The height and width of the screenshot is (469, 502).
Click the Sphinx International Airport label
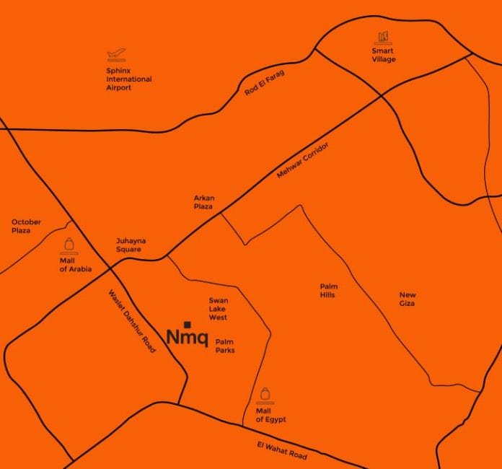click(x=128, y=79)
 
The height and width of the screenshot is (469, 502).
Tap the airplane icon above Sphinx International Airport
click(x=115, y=54)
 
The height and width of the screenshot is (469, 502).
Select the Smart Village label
click(x=384, y=55)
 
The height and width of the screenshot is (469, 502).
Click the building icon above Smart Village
click(x=383, y=36)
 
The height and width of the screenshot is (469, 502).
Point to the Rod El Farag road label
click(x=265, y=84)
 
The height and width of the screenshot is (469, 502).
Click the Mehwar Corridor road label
click(x=303, y=161)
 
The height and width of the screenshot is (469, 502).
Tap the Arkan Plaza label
click(x=204, y=202)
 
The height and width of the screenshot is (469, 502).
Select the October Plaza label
click(x=26, y=226)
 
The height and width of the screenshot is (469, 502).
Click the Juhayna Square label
click(x=128, y=245)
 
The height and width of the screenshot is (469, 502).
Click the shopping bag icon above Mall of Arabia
click(x=69, y=243)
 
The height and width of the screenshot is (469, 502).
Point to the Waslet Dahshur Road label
click(x=131, y=321)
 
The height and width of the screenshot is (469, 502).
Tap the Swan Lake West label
click(x=218, y=308)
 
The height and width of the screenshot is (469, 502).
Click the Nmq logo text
click(x=187, y=337)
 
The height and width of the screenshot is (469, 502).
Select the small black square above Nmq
click(x=187, y=324)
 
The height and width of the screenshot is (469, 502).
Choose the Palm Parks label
click(x=225, y=346)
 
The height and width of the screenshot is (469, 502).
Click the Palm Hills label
click(x=329, y=290)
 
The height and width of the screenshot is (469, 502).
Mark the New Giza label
click(x=408, y=299)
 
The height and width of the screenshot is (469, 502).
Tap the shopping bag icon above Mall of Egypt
click(x=266, y=393)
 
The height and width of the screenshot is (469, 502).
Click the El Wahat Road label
click(x=281, y=451)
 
